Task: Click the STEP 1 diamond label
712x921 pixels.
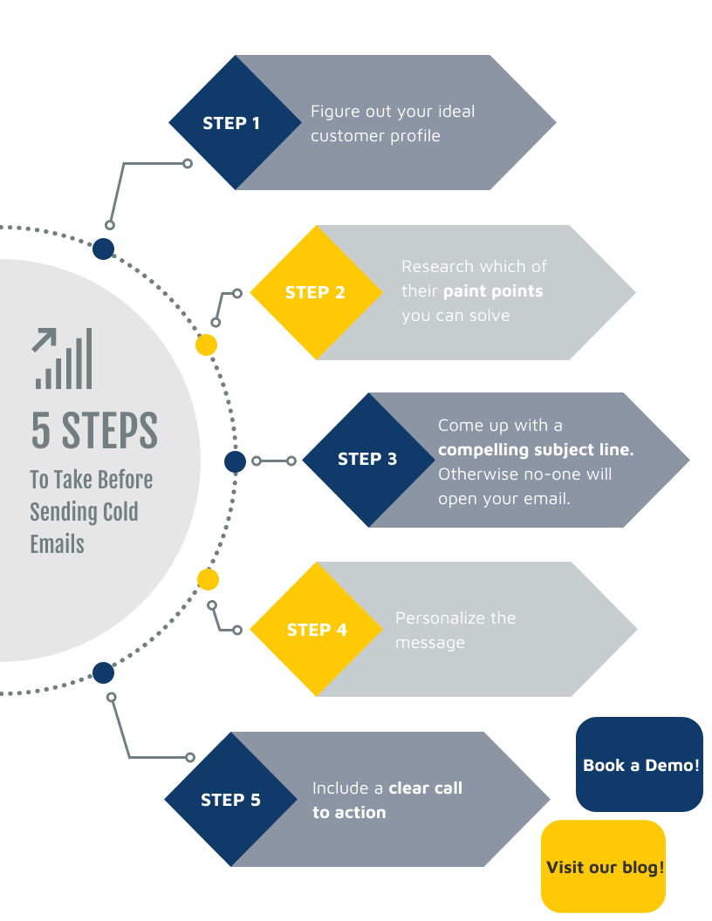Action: click(231, 123)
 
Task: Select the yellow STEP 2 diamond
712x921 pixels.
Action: click(315, 292)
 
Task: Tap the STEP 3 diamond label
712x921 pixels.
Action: click(367, 459)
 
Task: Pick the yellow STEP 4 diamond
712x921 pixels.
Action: click(316, 630)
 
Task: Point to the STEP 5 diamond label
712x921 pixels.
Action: click(230, 800)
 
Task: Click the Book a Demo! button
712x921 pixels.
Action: click(640, 765)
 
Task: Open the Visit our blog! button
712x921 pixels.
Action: click(604, 867)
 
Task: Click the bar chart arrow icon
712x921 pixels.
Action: click(62, 358)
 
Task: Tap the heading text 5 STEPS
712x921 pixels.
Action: click(94, 430)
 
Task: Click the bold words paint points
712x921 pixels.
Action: click(493, 291)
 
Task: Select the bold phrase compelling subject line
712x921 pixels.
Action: click(535, 450)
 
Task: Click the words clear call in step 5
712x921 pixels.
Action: click(425, 788)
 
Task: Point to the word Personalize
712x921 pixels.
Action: click(440, 618)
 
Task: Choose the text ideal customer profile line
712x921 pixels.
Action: click(375, 136)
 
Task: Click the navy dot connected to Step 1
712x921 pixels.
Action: click(103, 249)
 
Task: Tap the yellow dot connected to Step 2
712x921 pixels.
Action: click(206, 345)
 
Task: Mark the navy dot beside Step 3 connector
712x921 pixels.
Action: click(235, 461)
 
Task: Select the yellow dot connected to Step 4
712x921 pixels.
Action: click(208, 579)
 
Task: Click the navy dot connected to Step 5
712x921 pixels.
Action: click(103, 673)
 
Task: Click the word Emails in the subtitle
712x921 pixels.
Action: click(58, 544)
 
